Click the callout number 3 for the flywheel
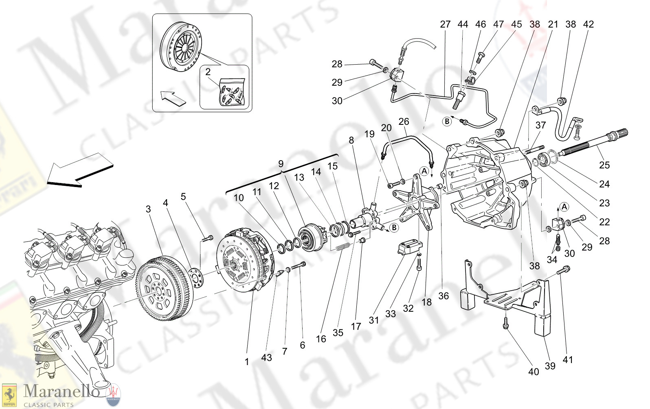148,209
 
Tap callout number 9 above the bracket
281,164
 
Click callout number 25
604,165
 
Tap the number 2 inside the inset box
208,72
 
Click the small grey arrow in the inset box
173,98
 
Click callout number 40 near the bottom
534,372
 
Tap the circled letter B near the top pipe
447,121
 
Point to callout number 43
266,358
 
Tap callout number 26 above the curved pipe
404,122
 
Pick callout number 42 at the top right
588,24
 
